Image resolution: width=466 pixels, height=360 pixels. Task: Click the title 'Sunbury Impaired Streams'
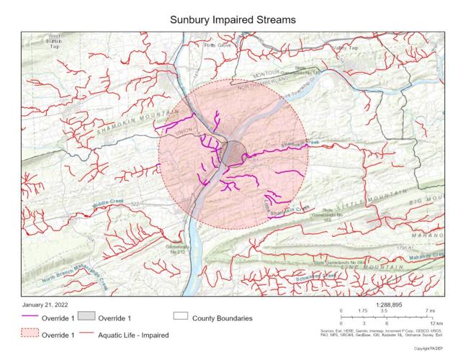coord(233,19)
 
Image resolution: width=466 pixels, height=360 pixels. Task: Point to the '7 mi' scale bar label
coord(431,310)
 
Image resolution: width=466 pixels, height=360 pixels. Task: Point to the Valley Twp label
coord(344,47)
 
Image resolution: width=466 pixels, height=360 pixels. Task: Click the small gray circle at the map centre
coord(233,153)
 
